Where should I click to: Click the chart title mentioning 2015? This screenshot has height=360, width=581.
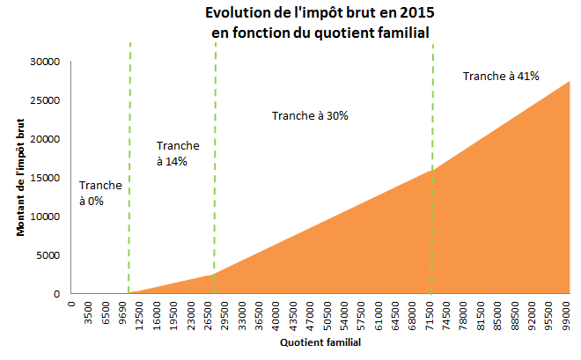[320, 24]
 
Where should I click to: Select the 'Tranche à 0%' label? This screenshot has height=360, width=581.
[100, 194]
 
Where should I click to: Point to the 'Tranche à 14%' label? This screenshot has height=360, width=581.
[177, 153]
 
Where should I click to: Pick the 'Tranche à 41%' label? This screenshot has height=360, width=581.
[501, 77]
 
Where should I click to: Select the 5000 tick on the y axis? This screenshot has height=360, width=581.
[47, 255]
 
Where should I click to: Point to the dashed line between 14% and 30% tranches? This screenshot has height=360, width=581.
[215, 176]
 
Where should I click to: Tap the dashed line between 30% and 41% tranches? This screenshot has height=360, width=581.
[433, 114]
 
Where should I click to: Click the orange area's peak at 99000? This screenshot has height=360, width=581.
[569, 83]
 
